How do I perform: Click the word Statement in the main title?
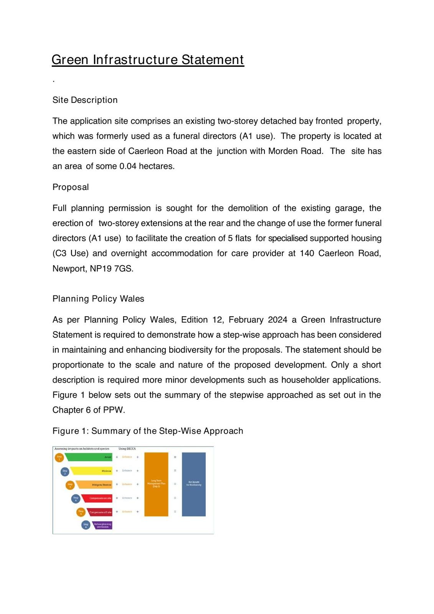pyautogui.click(x=213, y=60)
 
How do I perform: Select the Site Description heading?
pyautogui.click(x=85, y=100)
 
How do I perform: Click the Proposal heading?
pyautogui.click(x=71, y=187)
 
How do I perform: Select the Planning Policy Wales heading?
pyautogui.click(x=98, y=299)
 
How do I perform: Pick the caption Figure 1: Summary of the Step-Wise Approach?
pyautogui.click(x=148, y=431)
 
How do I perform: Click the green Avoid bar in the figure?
pyautogui.click(x=89, y=457)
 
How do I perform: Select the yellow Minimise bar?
pyautogui.click(x=92, y=471)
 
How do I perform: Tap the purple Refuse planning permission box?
pyautogui.click(x=102, y=525)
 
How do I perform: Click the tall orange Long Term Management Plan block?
pyautogui.click(x=156, y=484)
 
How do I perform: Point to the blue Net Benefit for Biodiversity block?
pyautogui.click(x=194, y=484)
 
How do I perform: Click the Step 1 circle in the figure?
pyautogui.click(x=59, y=457)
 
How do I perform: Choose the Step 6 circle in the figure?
pyautogui.click(x=86, y=525)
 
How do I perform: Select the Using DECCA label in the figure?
pyautogui.click(x=127, y=449)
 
